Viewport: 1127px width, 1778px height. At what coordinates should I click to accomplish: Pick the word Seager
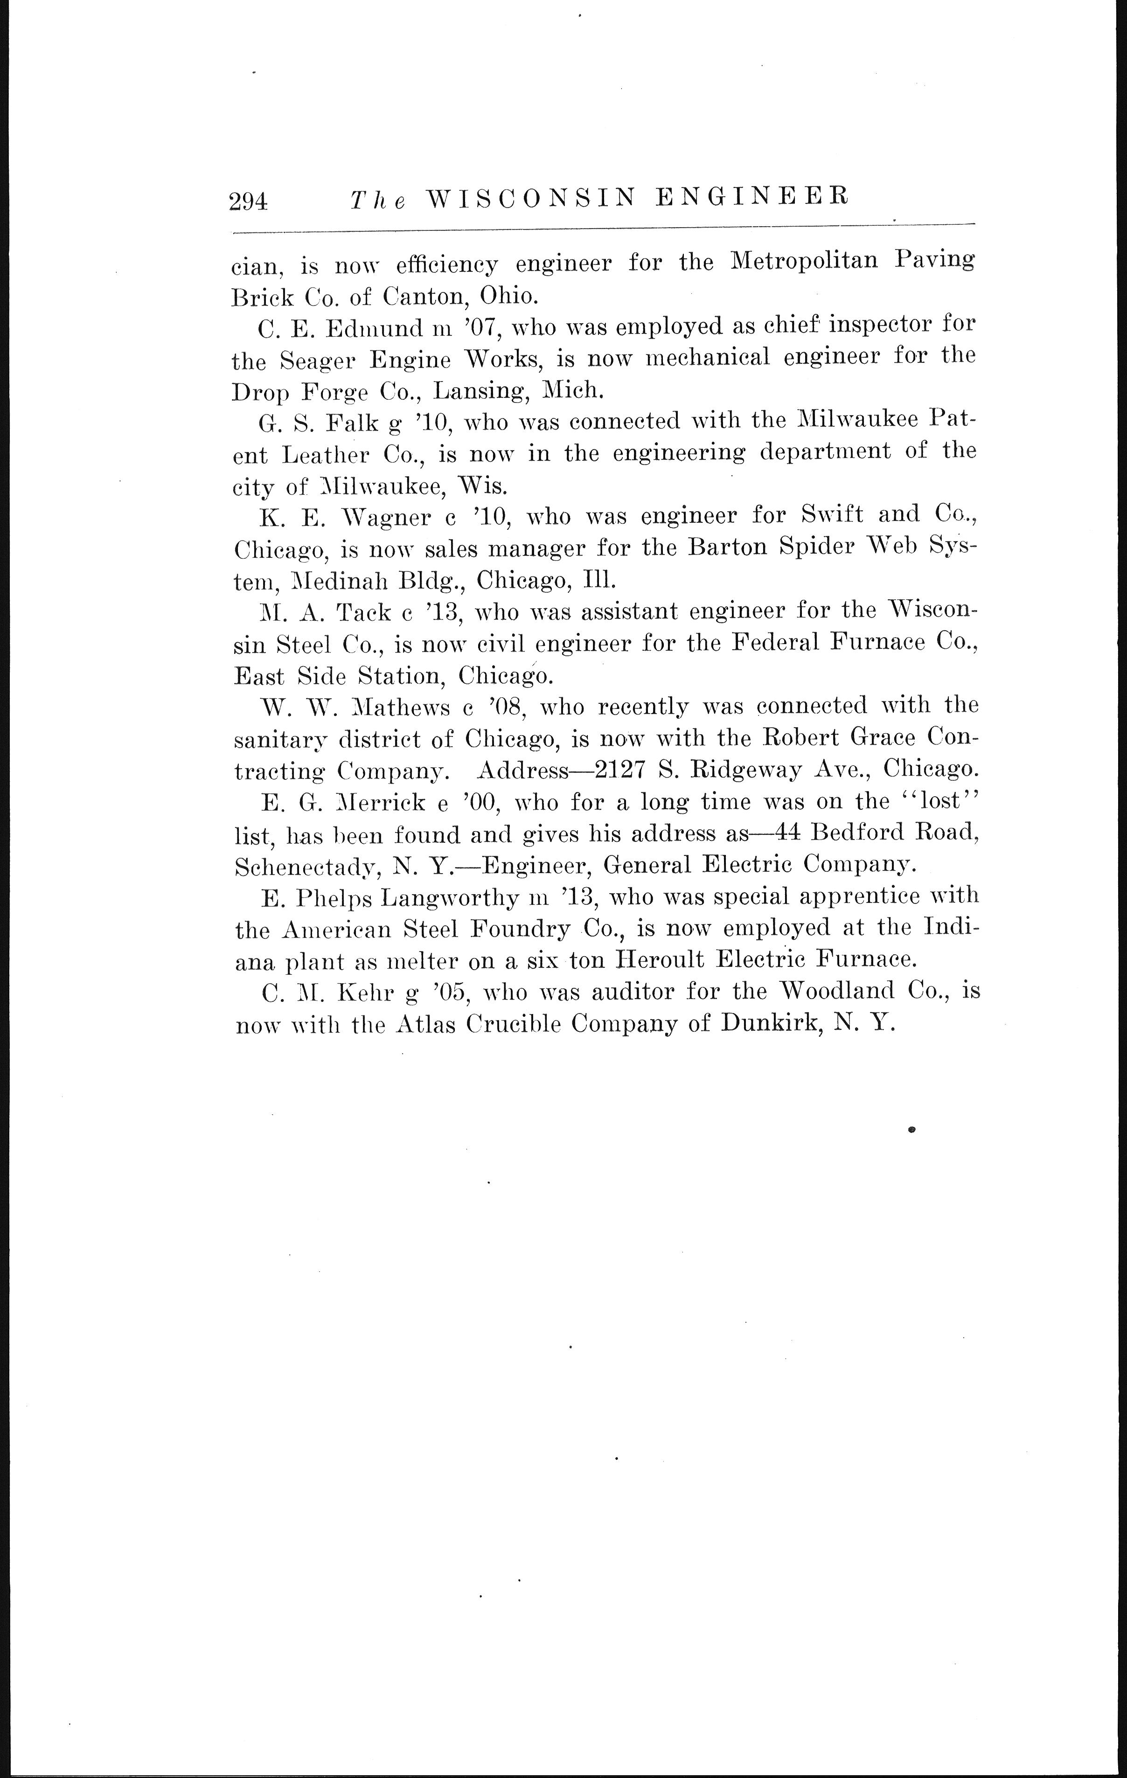click(x=318, y=361)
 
